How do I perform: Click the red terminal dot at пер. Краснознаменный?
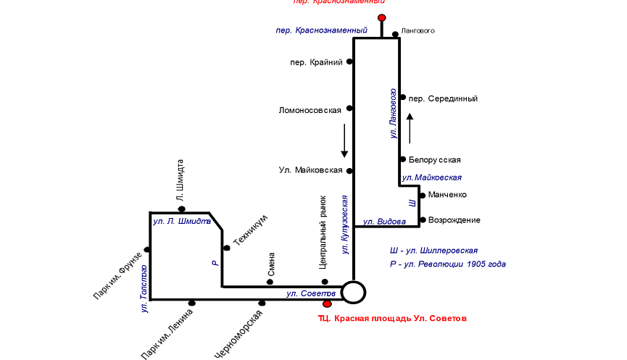(382, 17)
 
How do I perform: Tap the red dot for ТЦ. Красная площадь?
(327, 304)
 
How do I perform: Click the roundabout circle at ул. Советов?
(354, 292)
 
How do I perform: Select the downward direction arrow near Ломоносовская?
(345, 141)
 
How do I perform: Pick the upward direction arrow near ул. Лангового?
(410, 128)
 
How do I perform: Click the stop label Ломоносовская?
(310, 111)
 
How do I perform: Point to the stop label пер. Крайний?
(316, 62)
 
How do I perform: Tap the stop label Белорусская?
(435, 159)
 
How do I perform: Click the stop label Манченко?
(447, 195)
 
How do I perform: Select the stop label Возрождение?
(454, 220)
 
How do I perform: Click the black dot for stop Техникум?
(226, 248)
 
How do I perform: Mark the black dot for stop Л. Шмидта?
(182, 209)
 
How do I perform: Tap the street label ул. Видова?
(380, 222)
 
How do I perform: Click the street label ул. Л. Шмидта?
(177, 221)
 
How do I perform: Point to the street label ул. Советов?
(310, 293)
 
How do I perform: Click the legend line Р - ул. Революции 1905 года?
(447, 264)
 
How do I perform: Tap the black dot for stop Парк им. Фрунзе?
(147, 250)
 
